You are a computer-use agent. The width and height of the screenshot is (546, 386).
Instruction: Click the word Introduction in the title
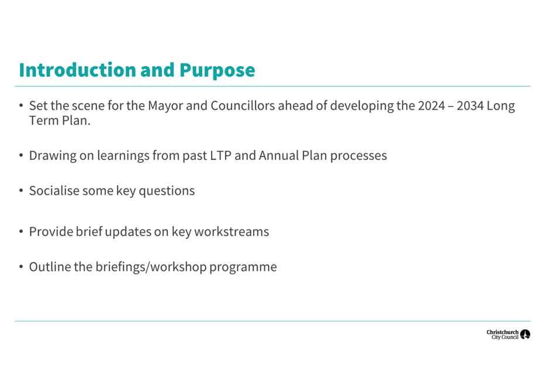(78, 70)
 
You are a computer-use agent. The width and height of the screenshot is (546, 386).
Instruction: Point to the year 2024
(431, 106)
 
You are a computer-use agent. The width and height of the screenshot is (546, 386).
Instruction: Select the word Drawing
(53, 156)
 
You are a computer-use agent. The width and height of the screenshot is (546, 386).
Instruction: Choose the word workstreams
(231, 232)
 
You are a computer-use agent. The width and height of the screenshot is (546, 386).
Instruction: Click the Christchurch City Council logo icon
(525, 335)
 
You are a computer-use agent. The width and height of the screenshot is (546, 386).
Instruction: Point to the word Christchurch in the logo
(503, 332)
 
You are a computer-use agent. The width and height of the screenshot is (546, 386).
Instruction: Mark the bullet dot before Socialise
(21, 190)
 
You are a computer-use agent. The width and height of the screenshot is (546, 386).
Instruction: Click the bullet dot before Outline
(21, 267)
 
